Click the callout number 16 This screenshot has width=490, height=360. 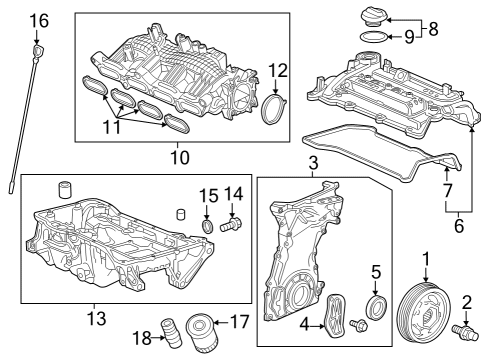[38, 20]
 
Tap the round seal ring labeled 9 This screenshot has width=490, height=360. [371, 39]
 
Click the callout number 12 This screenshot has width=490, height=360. [278, 70]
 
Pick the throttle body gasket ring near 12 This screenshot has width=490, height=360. [272, 108]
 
